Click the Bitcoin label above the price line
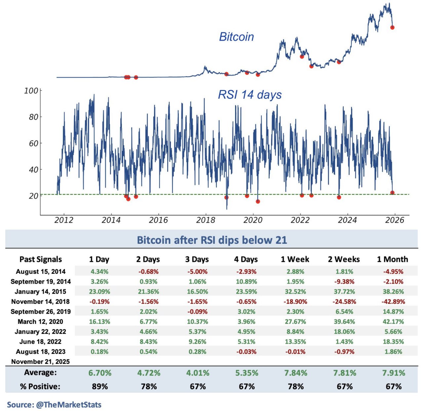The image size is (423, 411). pyautogui.click(x=236, y=37)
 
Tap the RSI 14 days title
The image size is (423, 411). pyautogui.click(x=250, y=95)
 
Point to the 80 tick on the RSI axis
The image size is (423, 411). pyautogui.click(x=33, y=117)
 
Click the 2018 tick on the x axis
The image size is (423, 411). pyautogui.click(x=206, y=220)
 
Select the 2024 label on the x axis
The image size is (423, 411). pyautogui.click(x=347, y=220)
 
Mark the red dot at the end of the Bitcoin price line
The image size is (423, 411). pyautogui.click(x=392, y=28)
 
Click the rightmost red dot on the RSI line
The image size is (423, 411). pyautogui.click(x=392, y=193)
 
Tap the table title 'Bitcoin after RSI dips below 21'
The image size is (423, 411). pyautogui.click(x=212, y=240)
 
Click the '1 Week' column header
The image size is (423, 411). pyautogui.click(x=295, y=259)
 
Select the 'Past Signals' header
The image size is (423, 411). pyautogui.click(x=41, y=259)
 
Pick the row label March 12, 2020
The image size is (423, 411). pyautogui.click(x=40, y=322)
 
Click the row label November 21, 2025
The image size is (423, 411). pyautogui.click(x=40, y=362)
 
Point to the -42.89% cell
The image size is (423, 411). pyautogui.click(x=393, y=301)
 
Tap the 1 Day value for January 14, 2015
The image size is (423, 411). pyautogui.click(x=99, y=292)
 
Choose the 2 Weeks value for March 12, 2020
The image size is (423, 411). pyautogui.click(x=344, y=322)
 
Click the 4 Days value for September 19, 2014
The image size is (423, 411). pyautogui.click(x=246, y=282)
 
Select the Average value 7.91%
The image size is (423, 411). pyautogui.click(x=393, y=373)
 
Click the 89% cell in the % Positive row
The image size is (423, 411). pyautogui.click(x=100, y=386)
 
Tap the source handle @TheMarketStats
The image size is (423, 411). pyautogui.click(x=68, y=405)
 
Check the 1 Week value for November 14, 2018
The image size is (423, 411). pyautogui.click(x=295, y=301)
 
